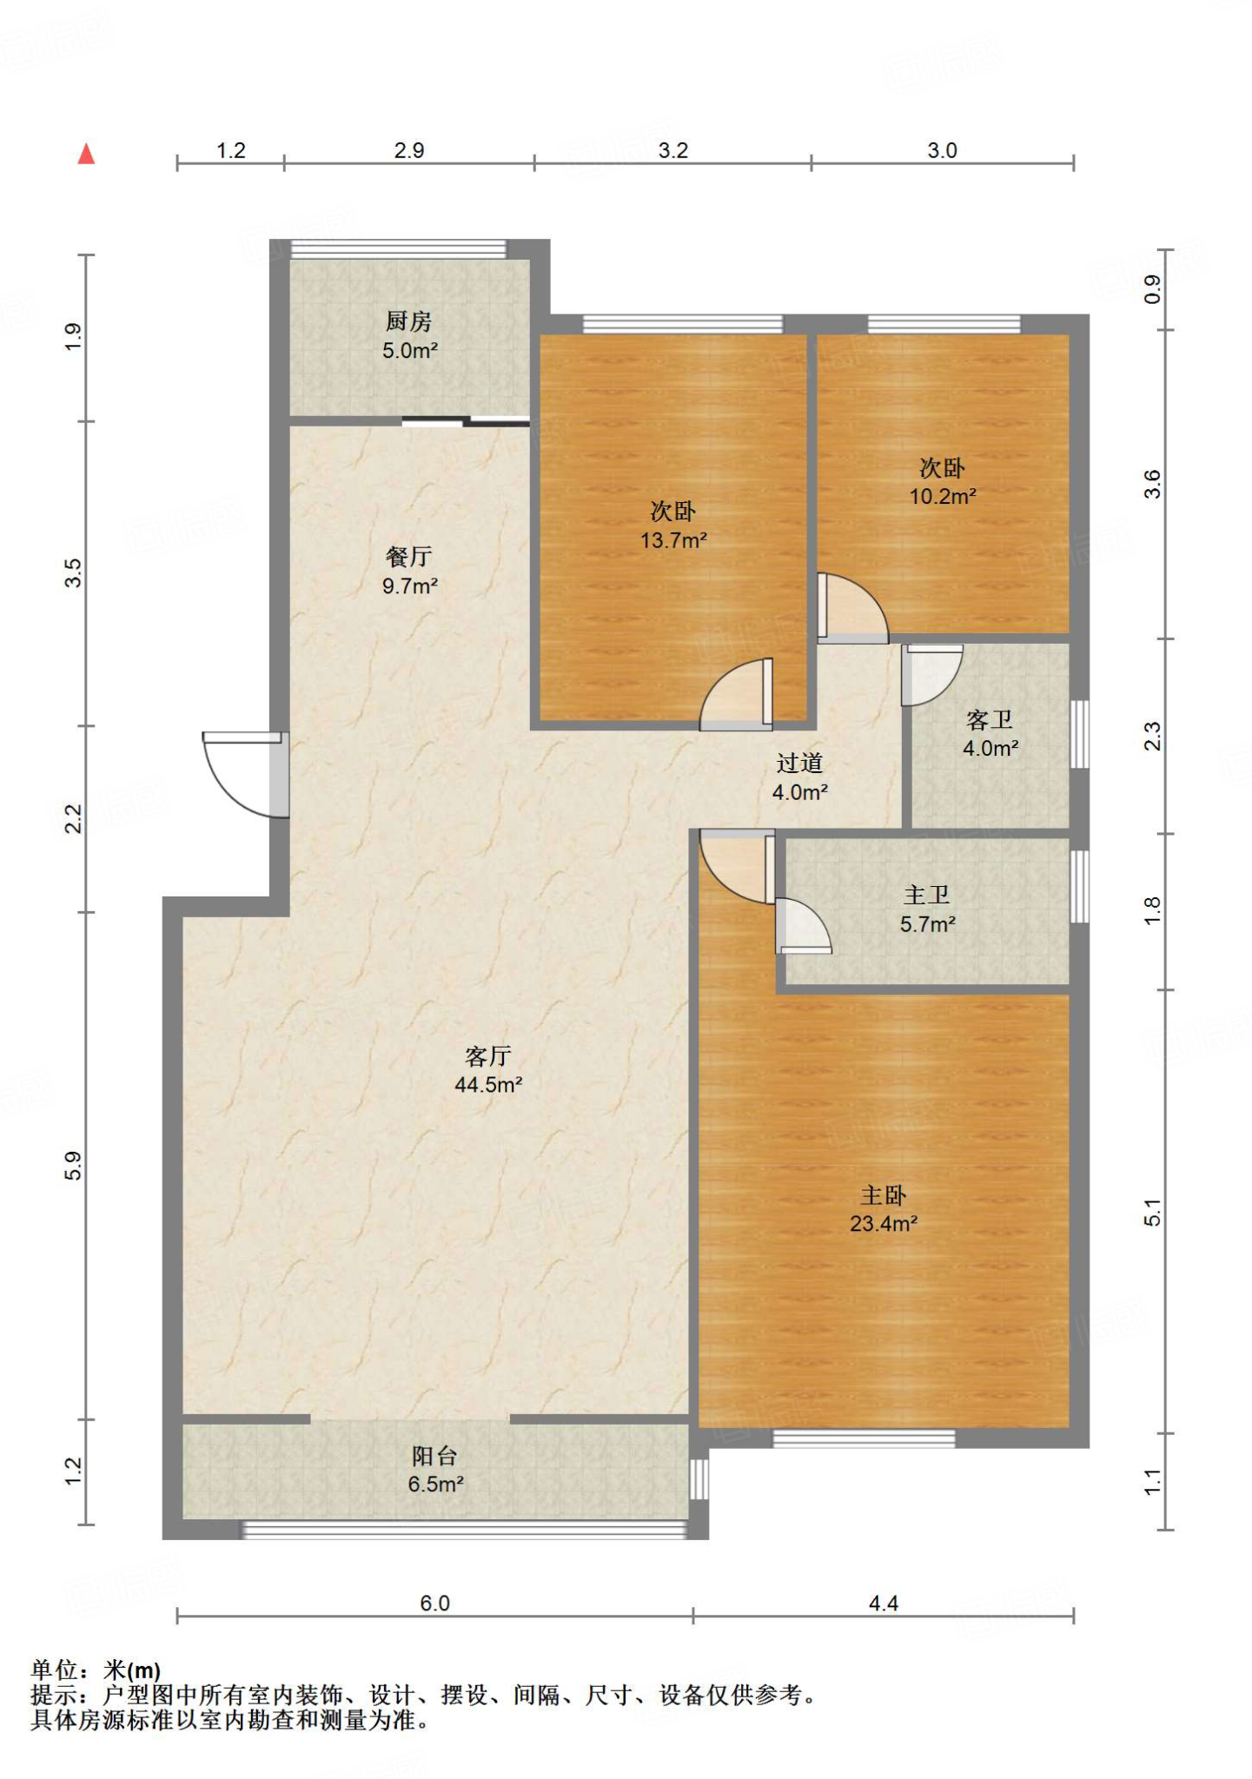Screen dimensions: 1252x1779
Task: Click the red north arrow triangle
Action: [x=86, y=154]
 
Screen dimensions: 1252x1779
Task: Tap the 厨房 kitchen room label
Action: [x=409, y=335]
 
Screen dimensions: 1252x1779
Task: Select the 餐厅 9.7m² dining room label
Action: [x=409, y=571]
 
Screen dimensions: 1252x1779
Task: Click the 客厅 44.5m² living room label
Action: [x=488, y=1070]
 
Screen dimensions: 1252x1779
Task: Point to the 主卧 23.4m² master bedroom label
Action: [x=884, y=1209]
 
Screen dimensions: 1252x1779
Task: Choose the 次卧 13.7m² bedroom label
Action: [x=673, y=526]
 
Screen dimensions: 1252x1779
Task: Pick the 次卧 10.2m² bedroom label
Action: [x=943, y=482]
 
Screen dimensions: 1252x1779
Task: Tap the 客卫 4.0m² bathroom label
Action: [x=990, y=733]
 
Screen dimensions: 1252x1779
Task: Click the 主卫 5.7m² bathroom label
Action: [x=928, y=909]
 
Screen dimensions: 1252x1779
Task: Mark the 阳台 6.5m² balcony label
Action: [x=435, y=1470]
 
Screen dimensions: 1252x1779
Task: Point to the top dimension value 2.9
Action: [x=409, y=150]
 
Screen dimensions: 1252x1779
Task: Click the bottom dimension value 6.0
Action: [x=434, y=1603]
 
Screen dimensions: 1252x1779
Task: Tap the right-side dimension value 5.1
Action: [x=1152, y=1212]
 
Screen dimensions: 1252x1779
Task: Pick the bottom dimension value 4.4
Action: [x=884, y=1603]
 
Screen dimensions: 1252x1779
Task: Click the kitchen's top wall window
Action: [x=398, y=248]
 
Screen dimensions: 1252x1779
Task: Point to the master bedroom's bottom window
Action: [x=864, y=1439]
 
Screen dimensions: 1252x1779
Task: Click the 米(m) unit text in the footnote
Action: [x=132, y=1670]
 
